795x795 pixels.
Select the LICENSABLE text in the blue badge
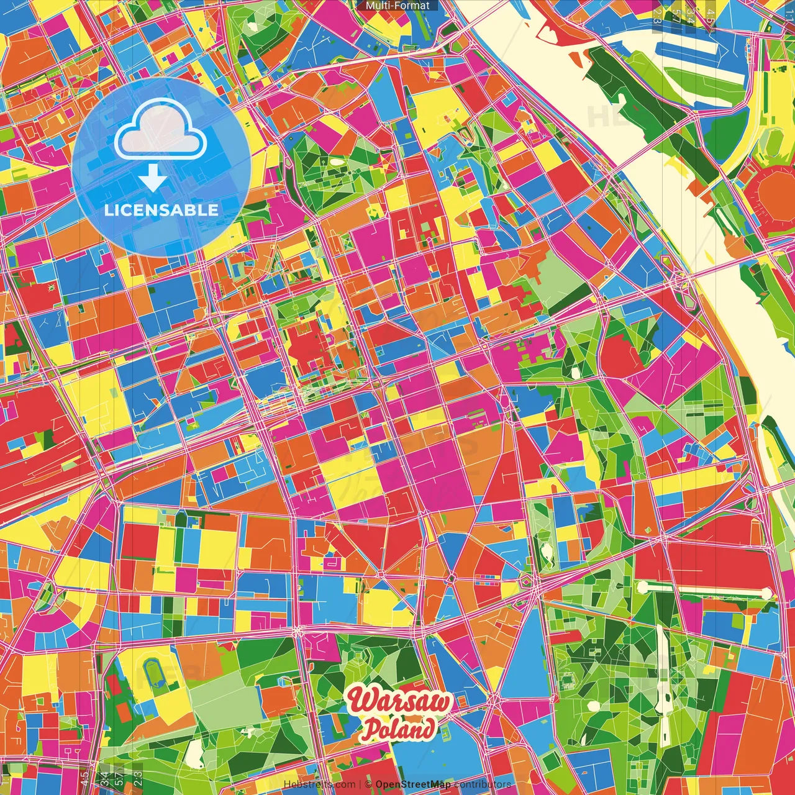pos(161,210)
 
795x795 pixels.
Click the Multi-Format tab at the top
pos(397,6)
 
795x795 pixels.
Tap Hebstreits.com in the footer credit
pos(319,784)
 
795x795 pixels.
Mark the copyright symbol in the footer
pos(368,784)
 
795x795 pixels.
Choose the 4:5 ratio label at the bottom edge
pos(84,778)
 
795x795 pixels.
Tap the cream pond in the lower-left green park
pos(195,754)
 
